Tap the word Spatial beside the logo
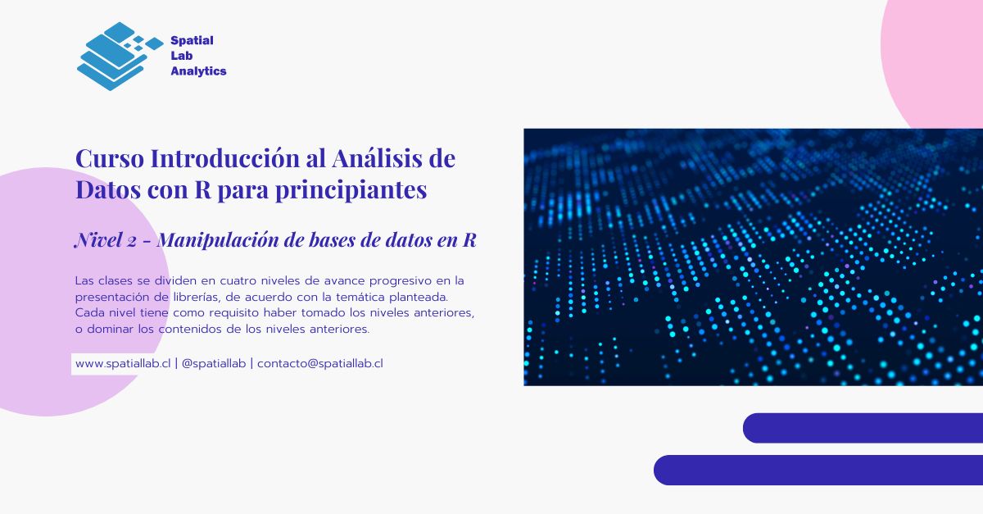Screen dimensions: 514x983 tap(192, 40)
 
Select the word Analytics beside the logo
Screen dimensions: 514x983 tap(198, 71)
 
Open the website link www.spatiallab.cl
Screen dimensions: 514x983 tap(122, 363)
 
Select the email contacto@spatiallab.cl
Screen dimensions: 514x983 tap(320, 363)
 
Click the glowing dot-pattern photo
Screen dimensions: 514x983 tap(753, 257)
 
